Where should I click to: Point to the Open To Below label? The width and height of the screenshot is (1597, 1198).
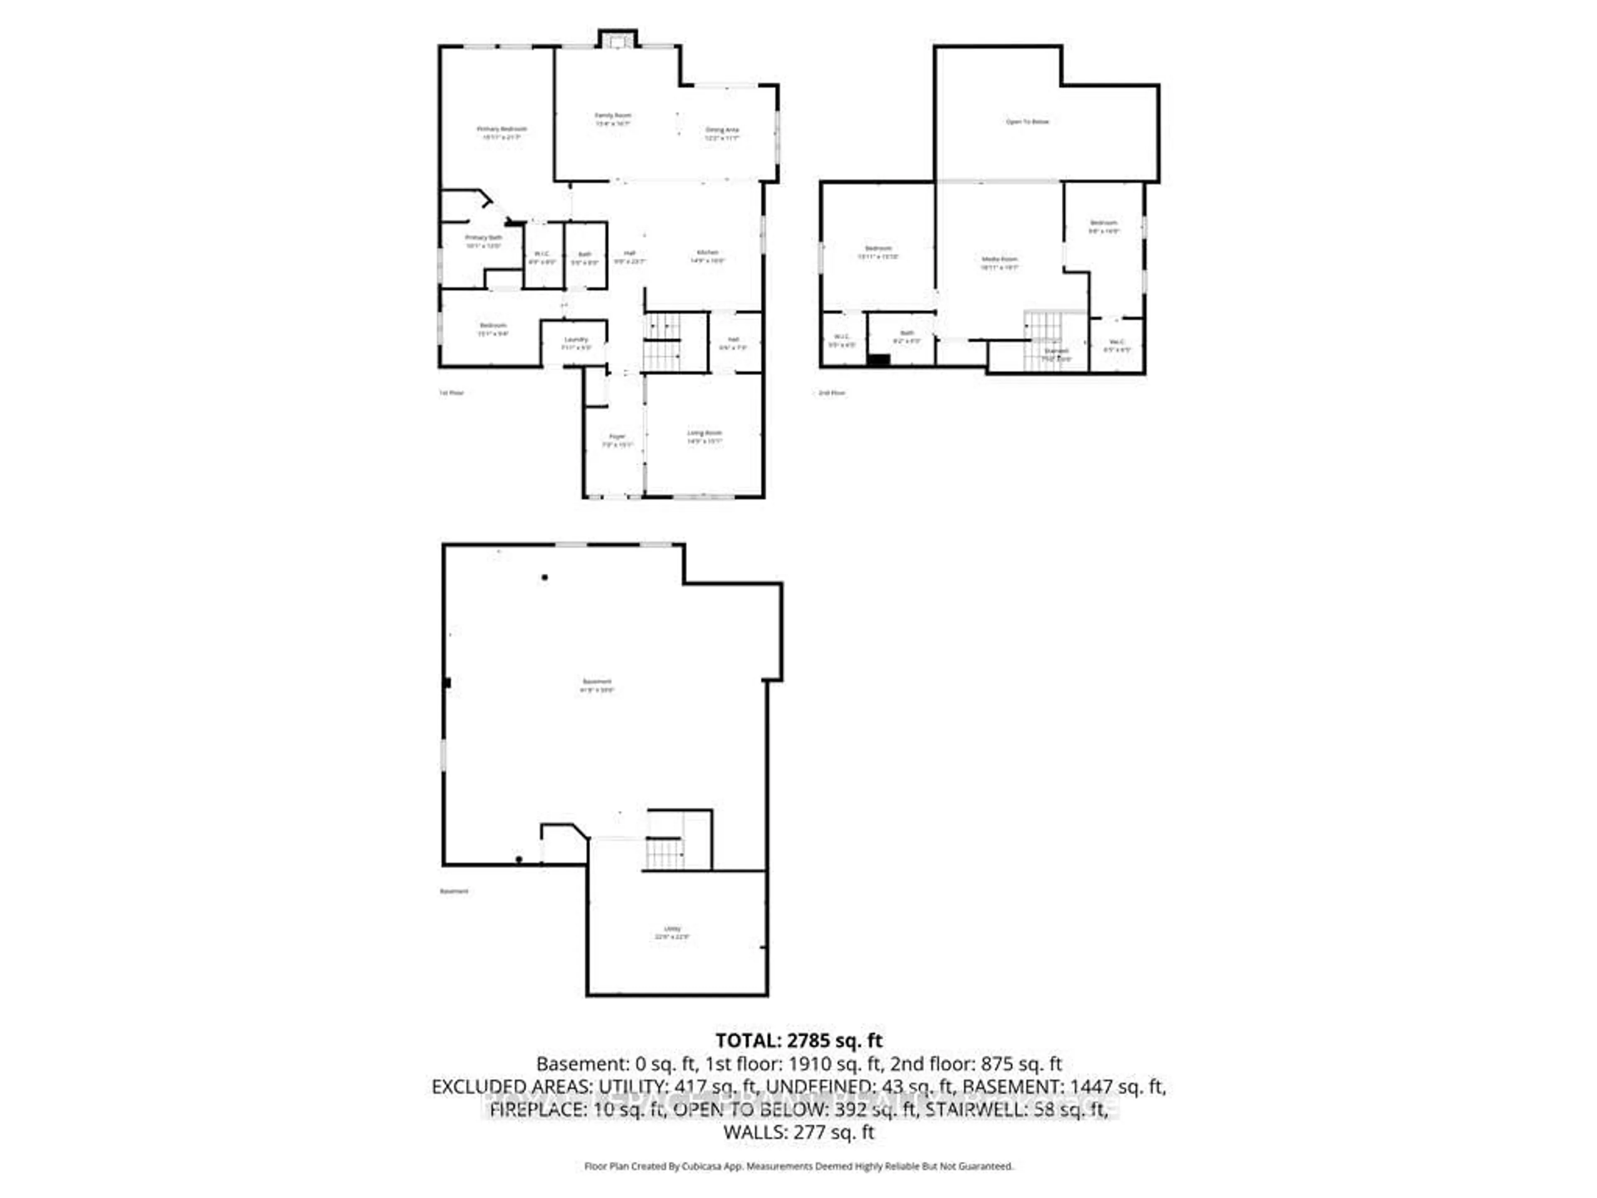click(1027, 122)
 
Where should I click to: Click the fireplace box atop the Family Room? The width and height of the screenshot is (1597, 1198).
click(617, 40)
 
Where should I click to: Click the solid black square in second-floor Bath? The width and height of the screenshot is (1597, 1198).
click(878, 360)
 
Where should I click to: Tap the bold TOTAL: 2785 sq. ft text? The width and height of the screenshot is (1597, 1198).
click(798, 1041)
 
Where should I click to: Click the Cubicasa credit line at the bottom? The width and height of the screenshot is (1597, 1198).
click(798, 1166)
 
